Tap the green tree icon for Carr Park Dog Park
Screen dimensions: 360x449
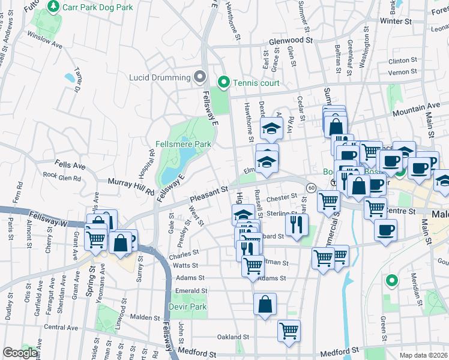[53, 7]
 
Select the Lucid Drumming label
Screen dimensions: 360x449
[158, 77]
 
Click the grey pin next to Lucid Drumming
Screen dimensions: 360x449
[199, 77]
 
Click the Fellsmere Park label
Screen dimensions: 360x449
[183, 145]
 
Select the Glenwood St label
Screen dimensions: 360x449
[291, 40]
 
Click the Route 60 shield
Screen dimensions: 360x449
[310, 188]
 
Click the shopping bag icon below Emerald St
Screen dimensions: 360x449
[265, 304]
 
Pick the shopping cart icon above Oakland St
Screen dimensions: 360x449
[289, 330]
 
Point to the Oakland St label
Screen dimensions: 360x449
[232, 337]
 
